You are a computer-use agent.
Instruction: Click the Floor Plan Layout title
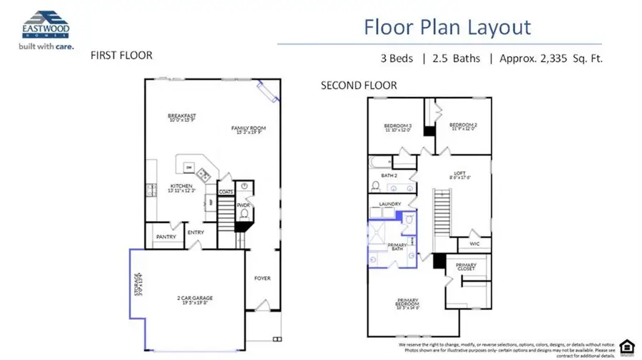(x=447, y=27)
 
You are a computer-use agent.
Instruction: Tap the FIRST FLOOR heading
(x=121, y=55)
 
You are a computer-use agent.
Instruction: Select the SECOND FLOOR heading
(x=359, y=86)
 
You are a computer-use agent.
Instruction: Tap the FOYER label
(x=263, y=278)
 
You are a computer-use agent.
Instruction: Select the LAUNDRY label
(x=390, y=204)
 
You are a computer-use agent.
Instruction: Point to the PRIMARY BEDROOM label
(x=407, y=302)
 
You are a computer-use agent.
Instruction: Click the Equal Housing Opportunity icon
(x=626, y=345)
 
